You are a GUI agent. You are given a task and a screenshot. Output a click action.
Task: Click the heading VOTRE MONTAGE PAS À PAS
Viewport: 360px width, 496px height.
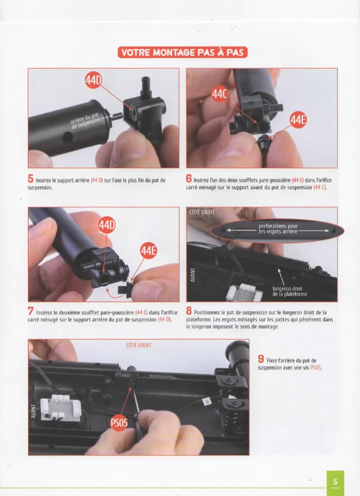click(182, 52)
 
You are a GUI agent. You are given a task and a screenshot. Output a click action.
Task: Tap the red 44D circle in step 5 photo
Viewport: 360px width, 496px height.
click(94, 81)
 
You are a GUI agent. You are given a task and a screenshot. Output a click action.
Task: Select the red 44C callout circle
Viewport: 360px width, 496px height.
click(220, 94)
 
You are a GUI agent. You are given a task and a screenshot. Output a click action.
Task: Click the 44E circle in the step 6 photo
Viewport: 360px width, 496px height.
click(298, 120)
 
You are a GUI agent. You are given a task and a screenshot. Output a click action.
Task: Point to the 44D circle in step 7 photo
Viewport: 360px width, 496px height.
click(107, 225)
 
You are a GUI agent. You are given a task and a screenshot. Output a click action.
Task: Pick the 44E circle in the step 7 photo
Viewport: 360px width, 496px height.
click(148, 250)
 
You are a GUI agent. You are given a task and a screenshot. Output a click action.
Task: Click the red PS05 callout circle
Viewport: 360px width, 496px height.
click(119, 423)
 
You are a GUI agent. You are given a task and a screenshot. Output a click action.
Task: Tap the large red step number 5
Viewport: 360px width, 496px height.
click(30, 179)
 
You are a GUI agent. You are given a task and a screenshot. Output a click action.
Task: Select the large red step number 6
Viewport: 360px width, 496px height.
click(189, 179)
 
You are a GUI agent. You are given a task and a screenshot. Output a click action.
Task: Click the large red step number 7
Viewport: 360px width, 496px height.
click(30, 311)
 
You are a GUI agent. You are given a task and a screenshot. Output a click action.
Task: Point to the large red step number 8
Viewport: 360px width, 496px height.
click(189, 311)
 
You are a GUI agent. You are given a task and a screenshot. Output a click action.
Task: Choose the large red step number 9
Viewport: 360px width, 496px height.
click(261, 359)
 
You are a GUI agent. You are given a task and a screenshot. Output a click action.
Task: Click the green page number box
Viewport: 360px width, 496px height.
click(335, 483)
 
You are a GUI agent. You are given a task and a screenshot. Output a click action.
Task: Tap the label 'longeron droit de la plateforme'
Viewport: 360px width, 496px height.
click(289, 291)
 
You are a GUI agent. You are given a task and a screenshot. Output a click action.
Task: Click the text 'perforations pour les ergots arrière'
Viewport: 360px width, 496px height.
click(278, 229)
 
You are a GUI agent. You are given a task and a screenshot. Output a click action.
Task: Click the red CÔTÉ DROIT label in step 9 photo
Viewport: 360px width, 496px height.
click(138, 345)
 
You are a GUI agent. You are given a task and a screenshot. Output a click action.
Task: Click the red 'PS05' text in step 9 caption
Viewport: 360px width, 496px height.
click(315, 368)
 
